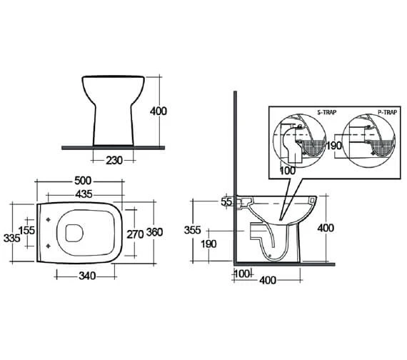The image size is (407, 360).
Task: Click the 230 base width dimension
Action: click(x=114, y=161)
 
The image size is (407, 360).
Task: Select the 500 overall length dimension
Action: click(x=83, y=181)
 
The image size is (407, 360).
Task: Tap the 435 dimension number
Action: click(x=84, y=194)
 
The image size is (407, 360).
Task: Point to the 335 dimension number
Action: click(x=11, y=238)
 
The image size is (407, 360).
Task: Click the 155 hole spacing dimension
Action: click(x=26, y=231)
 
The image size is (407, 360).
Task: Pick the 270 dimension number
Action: click(x=135, y=234)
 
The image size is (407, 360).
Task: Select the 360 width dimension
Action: click(x=154, y=232)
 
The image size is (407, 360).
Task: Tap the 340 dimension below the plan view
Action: click(x=87, y=276)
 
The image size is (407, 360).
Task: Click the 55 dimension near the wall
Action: click(x=226, y=202)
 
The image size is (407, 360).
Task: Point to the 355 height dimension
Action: click(x=192, y=230)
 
